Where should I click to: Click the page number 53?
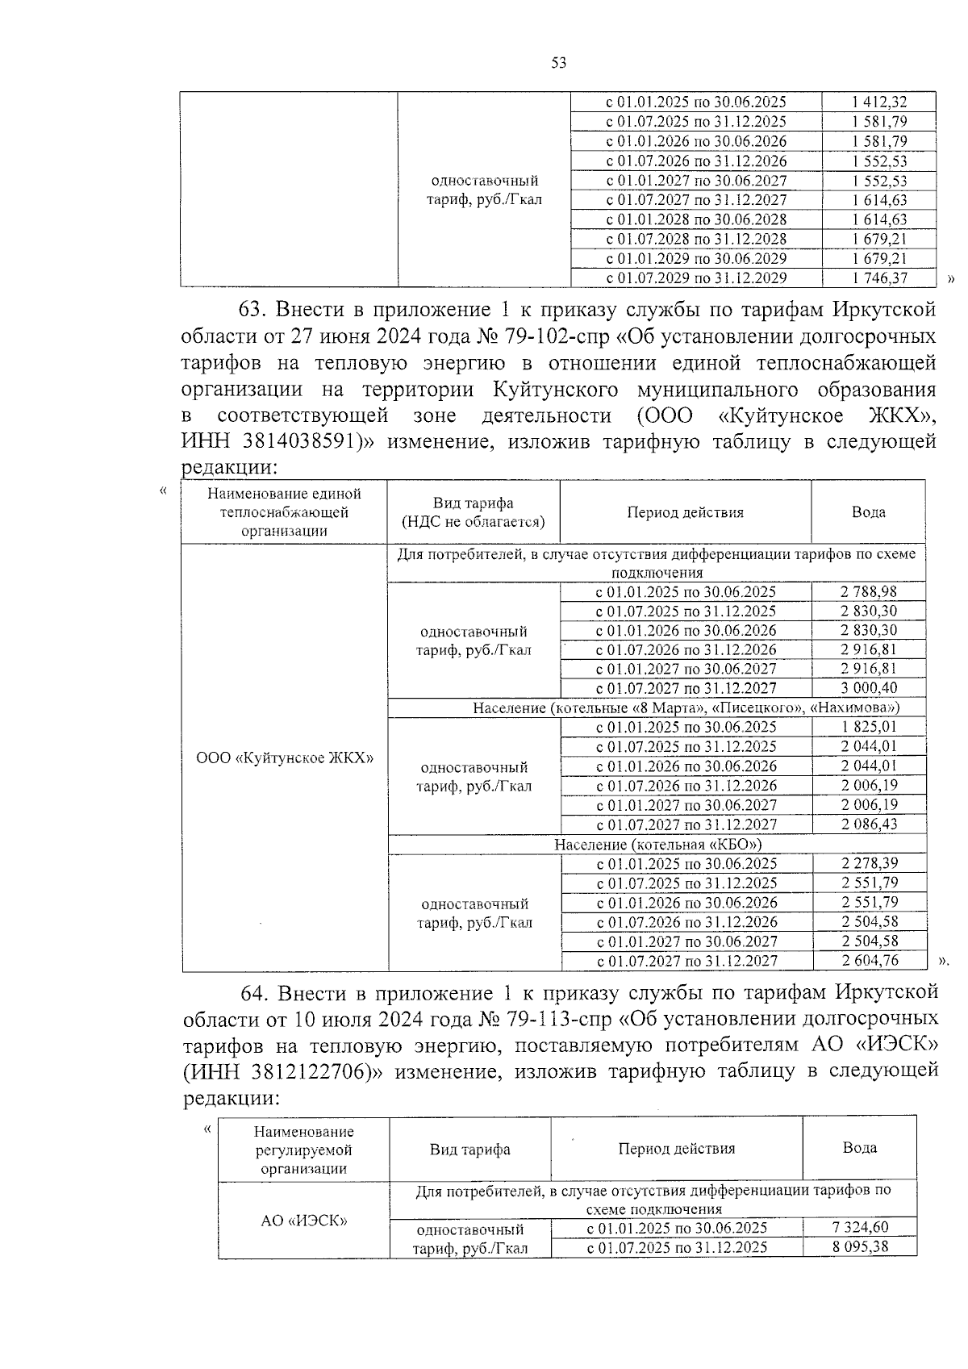pos(559,63)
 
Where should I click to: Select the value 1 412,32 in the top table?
pos(878,102)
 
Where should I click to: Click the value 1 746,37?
pos(878,278)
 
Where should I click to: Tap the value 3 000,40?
pos(868,688)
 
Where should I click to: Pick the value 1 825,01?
pos(868,727)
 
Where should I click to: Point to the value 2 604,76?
pos(869,961)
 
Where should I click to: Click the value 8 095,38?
pos(859,1247)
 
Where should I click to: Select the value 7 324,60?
pos(859,1228)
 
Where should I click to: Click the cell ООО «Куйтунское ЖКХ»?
pos(285,758)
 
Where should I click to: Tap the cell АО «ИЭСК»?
pos(303,1221)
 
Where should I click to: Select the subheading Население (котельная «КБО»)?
pos(657,845)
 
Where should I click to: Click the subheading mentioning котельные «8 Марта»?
pos(686,707)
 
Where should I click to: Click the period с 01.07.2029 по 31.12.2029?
pos(696,278)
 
